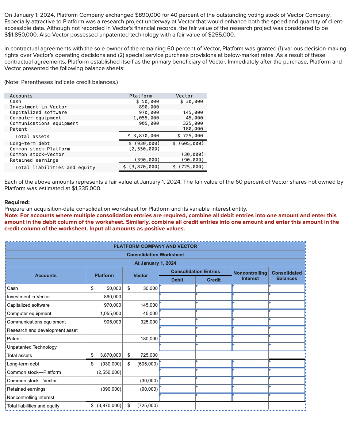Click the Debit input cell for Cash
pyautogui.click(x=177, y=288)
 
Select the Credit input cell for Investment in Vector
pyautogui.click(x=214, y=297)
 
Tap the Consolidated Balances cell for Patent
pyautogui.click(x=287, y=339)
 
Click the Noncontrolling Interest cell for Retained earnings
pyautogui.click(x=250, y=389)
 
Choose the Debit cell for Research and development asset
pyautogui.click(x=177, y=330)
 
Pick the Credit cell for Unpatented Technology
pyautogui.click(x=214, y=347)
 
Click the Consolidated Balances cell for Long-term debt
pyautogui.click(x=287, y=364)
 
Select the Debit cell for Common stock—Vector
pyautogui.click(x=177, y=381)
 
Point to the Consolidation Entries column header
pyautogui.click(x=195, y=272)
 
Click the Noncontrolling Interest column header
pyautogui.click(x=250, y=276)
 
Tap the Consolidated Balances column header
pyautogui.click(x=287, y=276)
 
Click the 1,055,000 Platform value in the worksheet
pyautogui.click(x=111, y=314)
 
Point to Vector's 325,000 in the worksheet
pyautogui.click(x=149, y=322)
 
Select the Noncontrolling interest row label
pyautogui.click(x=31, y=398)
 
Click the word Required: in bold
pyautogui.click(x=17, y=202)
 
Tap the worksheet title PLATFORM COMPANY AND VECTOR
pyautogui.click(x=155, y=246)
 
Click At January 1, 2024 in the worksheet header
pyautogui.click(x=155, y=263)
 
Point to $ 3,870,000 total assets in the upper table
pyautogui.click(x=143, y=136)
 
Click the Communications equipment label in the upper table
pyautogui.click(x=44, y=123)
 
